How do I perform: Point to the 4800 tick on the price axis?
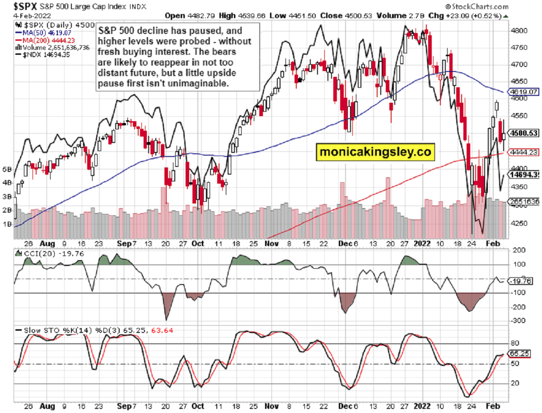516,31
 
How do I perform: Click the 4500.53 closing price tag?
523,133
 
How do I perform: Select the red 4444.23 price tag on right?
523,152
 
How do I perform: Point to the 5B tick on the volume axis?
7,170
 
